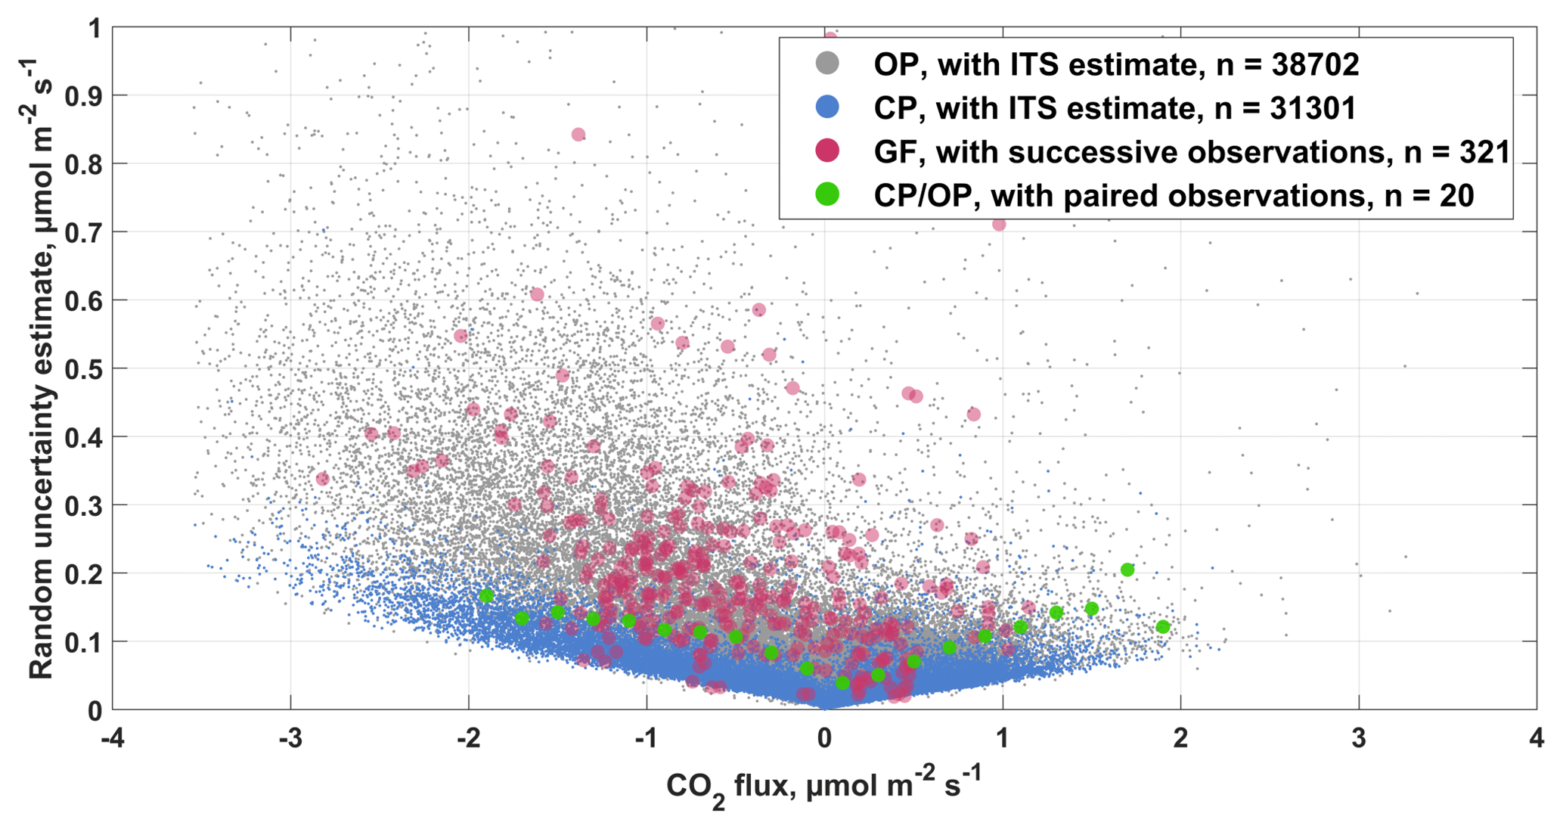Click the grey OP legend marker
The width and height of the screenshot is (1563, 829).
tap(828, 64)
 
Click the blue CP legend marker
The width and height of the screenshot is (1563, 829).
tap(828, 107)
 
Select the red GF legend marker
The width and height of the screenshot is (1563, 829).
tap(828, 151)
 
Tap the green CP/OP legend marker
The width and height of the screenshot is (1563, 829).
tap(828, 195)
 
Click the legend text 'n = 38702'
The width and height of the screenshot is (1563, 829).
tap(1288, 65)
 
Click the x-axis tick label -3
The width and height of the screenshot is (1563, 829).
tap(290, 737)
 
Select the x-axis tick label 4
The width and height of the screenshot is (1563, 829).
tap(1536, 737)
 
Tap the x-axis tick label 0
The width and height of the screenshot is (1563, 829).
tap(824, 737)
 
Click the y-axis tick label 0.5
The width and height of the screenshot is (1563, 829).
tap(84, 368)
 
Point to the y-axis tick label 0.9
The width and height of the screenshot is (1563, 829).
tap(84, 96)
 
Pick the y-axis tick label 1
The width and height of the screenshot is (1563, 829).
tap(95, 29)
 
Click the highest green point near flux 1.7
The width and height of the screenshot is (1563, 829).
tap(1127, 570)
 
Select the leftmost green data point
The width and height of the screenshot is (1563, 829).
tap(486, 596)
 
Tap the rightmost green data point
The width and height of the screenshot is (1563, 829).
tap(1163, 626)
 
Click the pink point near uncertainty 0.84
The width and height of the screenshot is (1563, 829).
tap(578, 135)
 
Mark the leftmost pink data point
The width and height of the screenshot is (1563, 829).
tap(323, 479)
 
